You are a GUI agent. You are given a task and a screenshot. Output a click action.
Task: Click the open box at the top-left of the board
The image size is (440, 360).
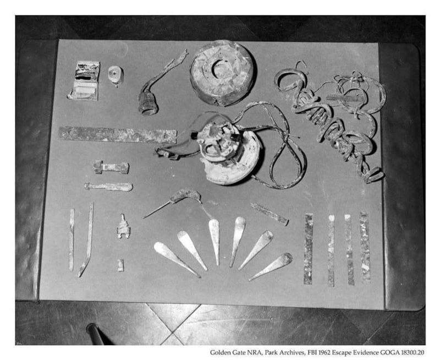coord(84,80)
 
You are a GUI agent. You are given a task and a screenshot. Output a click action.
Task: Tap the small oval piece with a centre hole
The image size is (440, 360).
coord(116,75)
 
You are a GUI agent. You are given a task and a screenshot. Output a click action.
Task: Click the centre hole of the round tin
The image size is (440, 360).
coord(221,69)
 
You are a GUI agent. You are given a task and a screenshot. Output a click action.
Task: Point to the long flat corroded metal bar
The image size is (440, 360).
coord(118,135)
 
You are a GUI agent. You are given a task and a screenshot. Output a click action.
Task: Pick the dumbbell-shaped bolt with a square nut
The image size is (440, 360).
coord(111,167)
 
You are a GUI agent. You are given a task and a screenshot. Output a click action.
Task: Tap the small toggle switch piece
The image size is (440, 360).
coord(123,227)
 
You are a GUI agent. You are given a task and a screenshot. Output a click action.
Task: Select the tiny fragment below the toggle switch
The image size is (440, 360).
coord(120,265)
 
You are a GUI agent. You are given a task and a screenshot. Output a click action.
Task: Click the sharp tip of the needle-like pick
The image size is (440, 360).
coord(144,217)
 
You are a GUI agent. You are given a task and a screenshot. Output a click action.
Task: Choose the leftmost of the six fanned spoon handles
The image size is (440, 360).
coord(176,259)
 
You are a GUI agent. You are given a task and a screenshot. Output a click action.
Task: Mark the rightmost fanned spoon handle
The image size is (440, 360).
coord(271,266)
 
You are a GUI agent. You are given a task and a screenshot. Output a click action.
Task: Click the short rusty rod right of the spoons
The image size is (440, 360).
coord(269,214)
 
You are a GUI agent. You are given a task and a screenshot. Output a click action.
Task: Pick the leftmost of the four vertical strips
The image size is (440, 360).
coord(309,249)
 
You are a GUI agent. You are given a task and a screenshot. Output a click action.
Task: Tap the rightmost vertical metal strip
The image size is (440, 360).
coord(365,247)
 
